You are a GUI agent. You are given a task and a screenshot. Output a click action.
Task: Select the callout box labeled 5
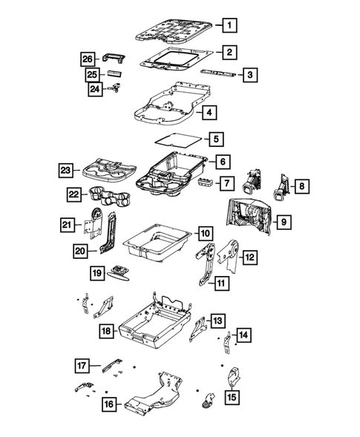215,138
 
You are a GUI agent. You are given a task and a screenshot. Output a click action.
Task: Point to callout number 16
109,404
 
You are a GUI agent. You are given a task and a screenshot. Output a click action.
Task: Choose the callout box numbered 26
88,59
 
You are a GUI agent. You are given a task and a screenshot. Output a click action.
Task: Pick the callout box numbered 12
250,257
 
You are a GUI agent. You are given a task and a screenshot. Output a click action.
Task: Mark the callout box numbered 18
106,331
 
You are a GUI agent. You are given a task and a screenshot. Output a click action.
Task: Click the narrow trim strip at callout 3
220,73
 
